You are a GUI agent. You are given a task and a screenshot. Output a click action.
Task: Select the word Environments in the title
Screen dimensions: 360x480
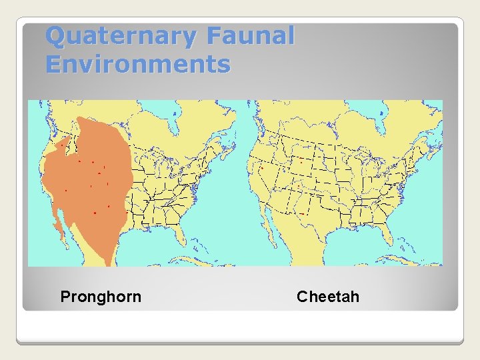click(x=138, y=65)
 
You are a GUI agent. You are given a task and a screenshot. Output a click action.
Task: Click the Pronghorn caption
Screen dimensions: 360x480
click(x=101, y=297)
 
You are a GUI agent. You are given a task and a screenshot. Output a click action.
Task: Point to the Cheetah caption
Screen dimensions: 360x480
click(x=328, y=297)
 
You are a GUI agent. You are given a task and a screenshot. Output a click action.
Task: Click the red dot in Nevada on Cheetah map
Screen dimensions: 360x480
click(x=262, y=168)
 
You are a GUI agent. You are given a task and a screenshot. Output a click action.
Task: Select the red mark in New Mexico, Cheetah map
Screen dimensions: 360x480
click(x=302, y=213)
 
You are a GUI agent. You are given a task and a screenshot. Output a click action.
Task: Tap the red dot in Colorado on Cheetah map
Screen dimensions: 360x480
click(x=301, y=161)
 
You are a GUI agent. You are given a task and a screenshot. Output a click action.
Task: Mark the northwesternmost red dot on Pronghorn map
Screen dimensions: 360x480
click(x=62, y=143)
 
